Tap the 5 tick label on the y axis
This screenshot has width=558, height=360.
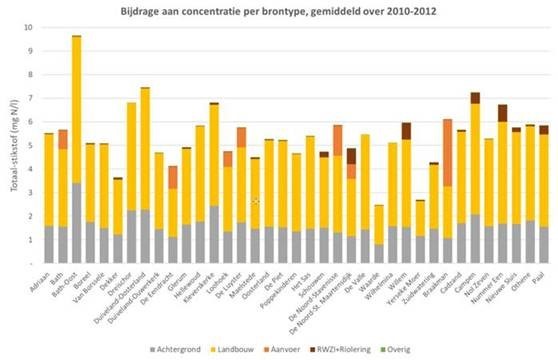[x=30, y=145]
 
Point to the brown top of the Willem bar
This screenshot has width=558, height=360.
[x=406, y=130]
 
